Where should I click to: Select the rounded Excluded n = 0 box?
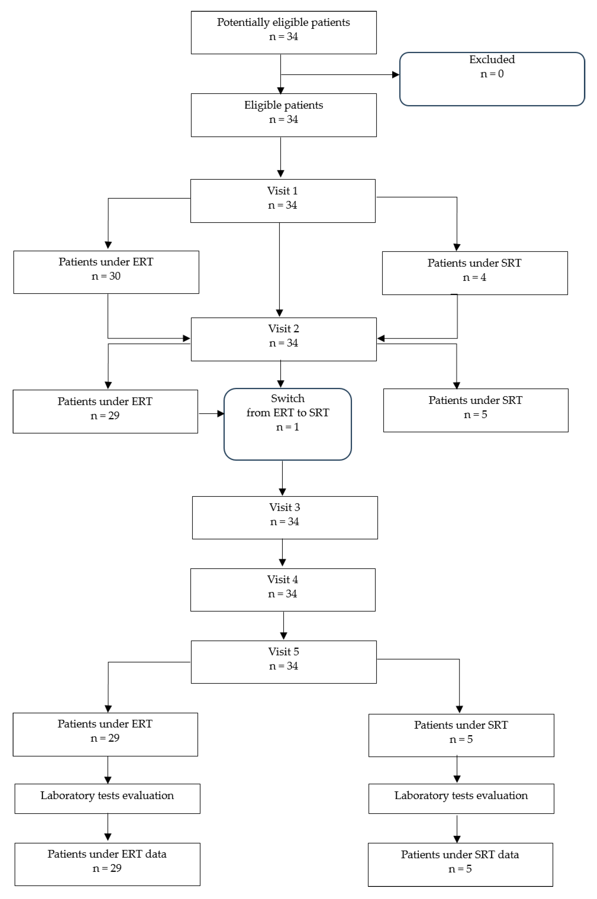click(492, 79)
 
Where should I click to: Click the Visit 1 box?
click(283, 201)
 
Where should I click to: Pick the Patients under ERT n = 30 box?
click(106, 272)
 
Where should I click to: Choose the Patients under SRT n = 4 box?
click(475, 273)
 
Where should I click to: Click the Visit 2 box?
click(284, 339)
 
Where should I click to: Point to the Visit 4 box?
click(283, 590)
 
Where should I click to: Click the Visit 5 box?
click(284, 662)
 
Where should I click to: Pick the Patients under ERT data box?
click(107, 864)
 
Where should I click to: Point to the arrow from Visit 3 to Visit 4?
click(282, 552)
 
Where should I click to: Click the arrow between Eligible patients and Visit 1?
click(281, 157)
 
